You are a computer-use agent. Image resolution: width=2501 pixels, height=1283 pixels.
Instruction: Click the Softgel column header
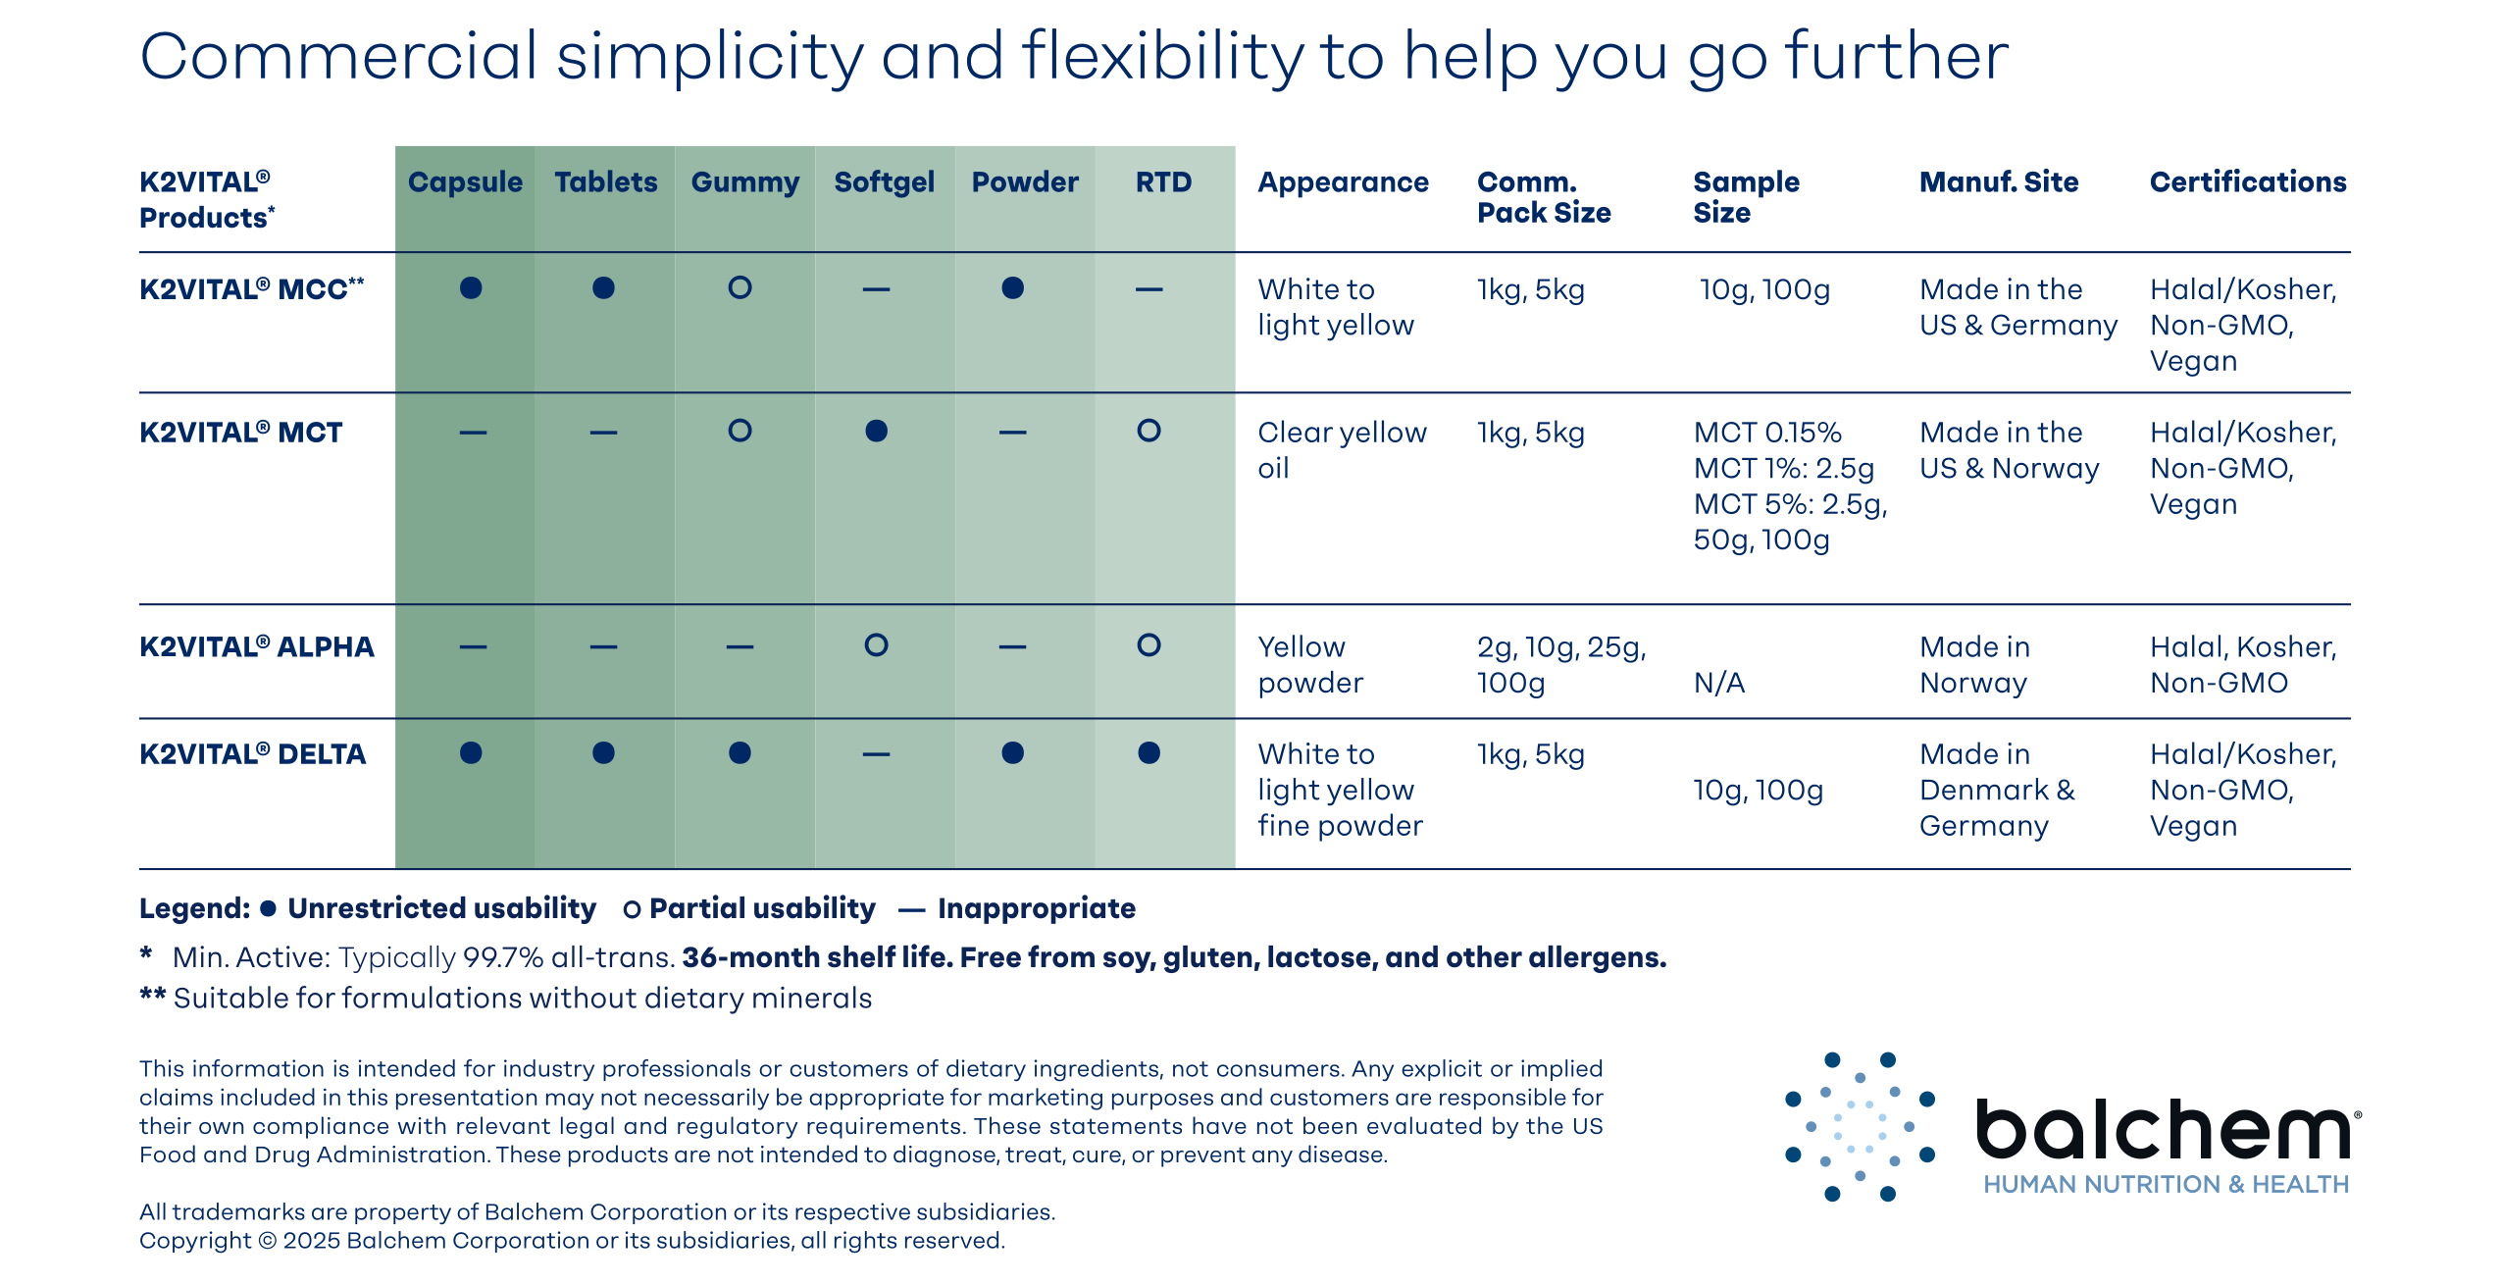884,182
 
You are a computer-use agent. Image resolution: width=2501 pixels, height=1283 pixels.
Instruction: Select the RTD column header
1163,182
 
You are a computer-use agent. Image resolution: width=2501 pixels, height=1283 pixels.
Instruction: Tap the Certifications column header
2247,182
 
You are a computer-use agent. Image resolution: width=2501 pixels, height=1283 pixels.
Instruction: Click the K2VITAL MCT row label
240,433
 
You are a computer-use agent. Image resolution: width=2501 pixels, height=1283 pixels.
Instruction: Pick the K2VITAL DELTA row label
252,754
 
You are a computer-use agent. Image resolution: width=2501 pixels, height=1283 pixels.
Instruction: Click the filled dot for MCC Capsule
471,288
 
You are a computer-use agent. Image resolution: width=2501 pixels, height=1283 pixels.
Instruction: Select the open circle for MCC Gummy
740,288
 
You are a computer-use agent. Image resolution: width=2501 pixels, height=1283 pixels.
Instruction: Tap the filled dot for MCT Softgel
876,432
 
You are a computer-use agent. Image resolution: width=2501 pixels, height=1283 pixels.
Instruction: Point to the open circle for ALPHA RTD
1148,645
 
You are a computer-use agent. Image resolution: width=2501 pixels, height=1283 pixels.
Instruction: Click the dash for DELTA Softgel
876,754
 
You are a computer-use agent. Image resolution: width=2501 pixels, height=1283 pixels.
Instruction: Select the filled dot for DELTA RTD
1148,753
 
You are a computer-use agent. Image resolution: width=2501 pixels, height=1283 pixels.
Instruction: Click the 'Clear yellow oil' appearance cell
1341,450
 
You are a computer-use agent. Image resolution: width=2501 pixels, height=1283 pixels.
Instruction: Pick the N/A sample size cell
1718,684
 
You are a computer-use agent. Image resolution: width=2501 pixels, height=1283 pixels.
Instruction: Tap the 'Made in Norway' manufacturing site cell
1973,665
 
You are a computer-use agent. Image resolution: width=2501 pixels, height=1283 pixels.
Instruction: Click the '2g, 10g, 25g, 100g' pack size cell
1560,665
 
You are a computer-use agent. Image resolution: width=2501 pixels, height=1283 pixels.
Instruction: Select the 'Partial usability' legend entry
761,908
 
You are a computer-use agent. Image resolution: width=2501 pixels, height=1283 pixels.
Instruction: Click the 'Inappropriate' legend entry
1036,908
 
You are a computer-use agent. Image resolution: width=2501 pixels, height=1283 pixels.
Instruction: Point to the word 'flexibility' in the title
1162,57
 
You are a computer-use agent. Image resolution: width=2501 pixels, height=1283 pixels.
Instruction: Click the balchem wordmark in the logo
2163,1129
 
